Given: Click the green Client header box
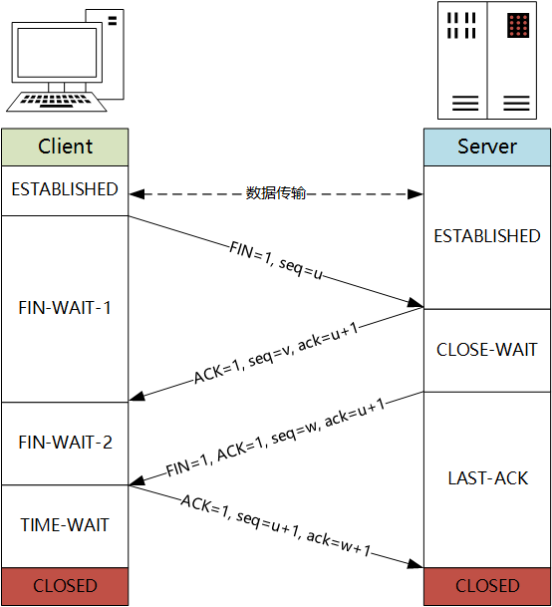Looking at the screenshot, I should point(65,147).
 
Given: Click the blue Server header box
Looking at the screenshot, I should point(486,147).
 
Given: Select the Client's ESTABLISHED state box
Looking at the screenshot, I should point(65,189).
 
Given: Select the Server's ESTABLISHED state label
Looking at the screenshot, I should point(486,236).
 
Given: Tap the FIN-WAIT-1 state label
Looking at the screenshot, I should point(65,308).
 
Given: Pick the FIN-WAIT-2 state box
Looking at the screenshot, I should point(65,443).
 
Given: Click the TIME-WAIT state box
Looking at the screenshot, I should point(65,525).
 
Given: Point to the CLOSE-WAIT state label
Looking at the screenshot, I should point(486,350).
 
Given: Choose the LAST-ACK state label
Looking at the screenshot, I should point(486,478).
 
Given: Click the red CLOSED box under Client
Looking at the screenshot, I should point(65,586).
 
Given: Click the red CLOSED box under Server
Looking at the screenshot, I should point(486,586).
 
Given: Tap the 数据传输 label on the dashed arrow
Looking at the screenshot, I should point(275,193).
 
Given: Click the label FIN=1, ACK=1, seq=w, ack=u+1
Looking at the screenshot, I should point(275,440).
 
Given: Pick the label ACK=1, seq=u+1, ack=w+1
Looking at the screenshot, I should point(275,525).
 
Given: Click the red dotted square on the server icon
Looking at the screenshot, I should point(516,25).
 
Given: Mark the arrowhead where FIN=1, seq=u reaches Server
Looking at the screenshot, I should point(416,304).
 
